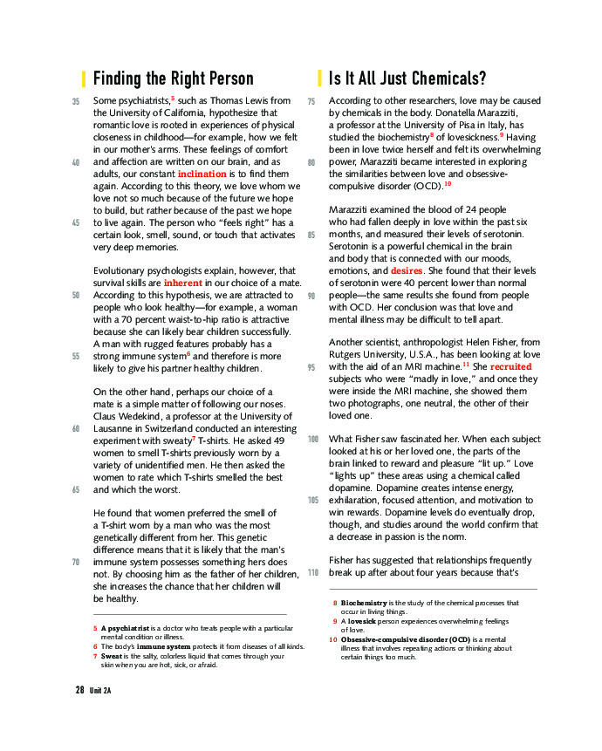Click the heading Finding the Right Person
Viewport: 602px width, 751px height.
173,79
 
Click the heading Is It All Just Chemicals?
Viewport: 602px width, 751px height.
407,79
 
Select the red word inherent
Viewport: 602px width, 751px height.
182,283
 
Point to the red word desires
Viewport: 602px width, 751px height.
407,271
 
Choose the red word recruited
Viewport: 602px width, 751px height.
510,367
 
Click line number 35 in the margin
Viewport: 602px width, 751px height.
75,101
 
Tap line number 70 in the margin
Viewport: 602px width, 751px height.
75,563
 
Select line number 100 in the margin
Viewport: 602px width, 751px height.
313,439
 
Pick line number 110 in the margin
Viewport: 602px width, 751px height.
313,572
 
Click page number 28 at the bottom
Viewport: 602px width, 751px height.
79,690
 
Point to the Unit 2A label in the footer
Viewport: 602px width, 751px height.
100,691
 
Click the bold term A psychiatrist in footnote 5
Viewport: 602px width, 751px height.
125,628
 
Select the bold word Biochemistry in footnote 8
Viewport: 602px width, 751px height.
364,603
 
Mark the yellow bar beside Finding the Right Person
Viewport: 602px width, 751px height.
84,79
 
